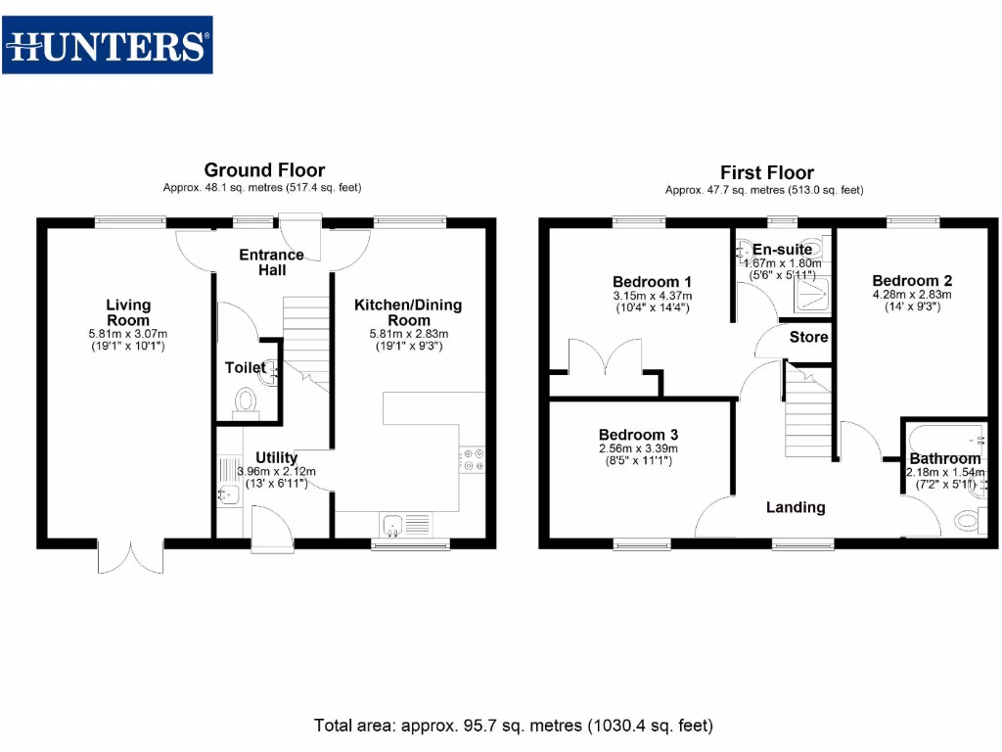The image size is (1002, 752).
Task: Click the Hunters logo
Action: coord(108,45)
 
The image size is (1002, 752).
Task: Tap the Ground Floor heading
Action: coord(264,170)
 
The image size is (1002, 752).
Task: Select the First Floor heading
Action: coord(767,173)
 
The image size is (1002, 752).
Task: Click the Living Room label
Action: coord(128,312)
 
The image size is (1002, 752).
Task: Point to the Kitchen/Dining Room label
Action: coord(408,312)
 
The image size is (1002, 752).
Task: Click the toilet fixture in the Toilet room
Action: coord(245,401)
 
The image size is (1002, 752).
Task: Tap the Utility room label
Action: coord(276,457)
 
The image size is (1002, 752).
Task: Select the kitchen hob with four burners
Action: coord(473,459)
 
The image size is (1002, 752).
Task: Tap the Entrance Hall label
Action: coord(272,261)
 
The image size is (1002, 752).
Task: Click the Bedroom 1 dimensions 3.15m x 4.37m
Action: coord(652,296)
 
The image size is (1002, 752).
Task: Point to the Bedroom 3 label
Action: coord(638,434)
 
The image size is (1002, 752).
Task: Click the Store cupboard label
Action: coord(809,337)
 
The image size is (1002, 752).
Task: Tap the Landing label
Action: coord(795,507)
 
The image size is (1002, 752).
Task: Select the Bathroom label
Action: coord(944,458)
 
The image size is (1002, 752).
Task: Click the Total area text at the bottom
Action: coord(514,726)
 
